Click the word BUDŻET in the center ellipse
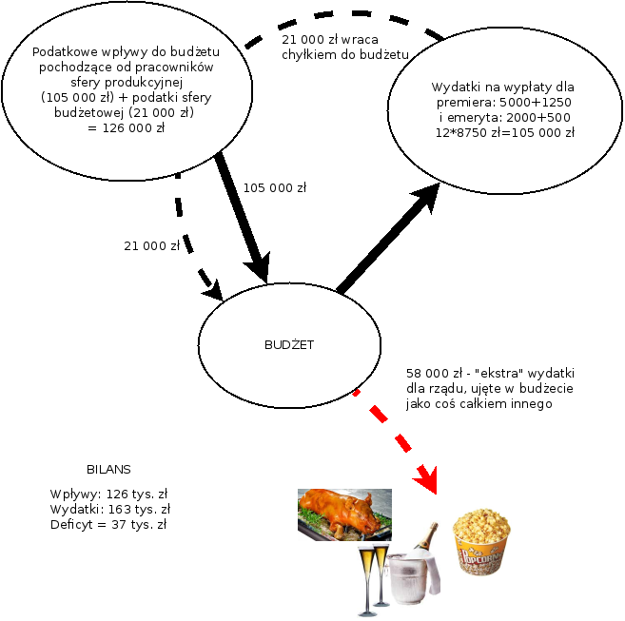point(288,345)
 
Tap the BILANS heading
point(108,470)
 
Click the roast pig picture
point(343,514)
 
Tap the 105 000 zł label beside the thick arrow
point(275,187)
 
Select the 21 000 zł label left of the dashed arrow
point(151,246)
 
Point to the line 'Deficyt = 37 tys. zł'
point(108,524)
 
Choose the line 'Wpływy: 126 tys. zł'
point(108,494)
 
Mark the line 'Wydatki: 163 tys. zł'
point(108,509)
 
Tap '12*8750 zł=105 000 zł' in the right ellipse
point(504,133)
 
